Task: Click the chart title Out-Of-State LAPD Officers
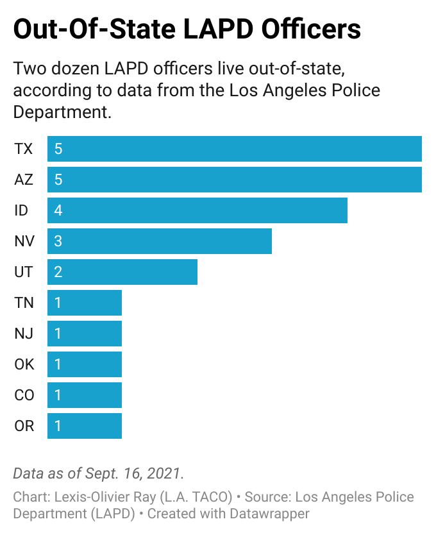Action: [x=187, y=29]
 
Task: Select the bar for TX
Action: [x=235, y=149]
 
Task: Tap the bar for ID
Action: [x=197, y=210]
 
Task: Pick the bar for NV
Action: [x=160, y=241]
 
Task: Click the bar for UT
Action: [x=122, y=272]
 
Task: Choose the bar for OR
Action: [x=85, y=426]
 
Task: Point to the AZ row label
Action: [x=24, y=180]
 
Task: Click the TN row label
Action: [x=24, y=303]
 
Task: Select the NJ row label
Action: [x=24, y=334]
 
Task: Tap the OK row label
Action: [x=24, y=364]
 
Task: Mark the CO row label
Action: [x=24, y=395]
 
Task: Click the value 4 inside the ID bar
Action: [x=58, y=210]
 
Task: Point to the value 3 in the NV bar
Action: [x=58, y=241]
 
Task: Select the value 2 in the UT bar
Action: [x=58, y=272]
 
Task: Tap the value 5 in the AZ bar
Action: [x=58, y=180]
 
